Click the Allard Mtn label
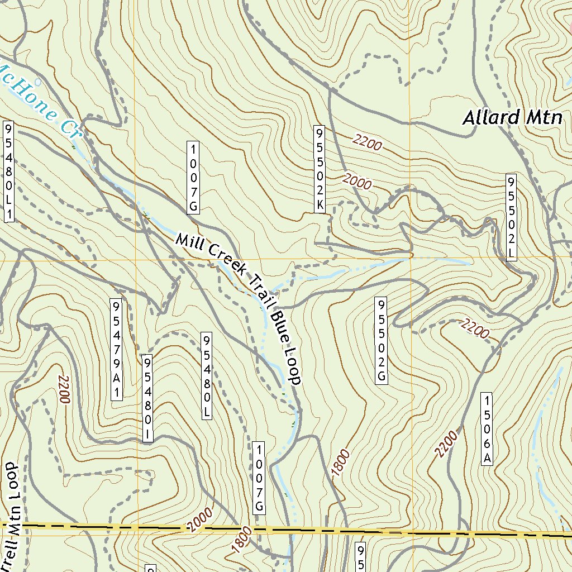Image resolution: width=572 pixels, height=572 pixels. click(x=513, y=118)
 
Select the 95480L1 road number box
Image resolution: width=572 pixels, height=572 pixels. click(x=8, y=170)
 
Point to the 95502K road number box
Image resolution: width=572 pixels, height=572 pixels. click(x=320, y=169)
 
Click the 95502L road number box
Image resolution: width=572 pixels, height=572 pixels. click(x=511, y=217)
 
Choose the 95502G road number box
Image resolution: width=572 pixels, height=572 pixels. click(x=382, y=340)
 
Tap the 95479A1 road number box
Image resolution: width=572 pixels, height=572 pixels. click(x=116, y=349)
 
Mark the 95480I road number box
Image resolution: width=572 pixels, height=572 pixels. click(x=147, y=398)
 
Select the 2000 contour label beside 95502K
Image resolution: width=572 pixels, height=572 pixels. click(x=357, y=182)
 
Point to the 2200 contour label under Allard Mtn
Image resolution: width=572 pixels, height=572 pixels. click(x=368, y=144)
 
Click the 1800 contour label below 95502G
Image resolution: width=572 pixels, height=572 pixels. click(x=340, y=463)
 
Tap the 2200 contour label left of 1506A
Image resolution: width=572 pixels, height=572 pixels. click(x=447, y=444)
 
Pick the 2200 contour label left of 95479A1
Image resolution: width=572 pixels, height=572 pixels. click(x=63, y=389)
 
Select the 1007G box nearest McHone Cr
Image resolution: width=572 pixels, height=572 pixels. click(x=193, y=177)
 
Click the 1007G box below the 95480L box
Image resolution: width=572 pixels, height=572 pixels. click(x=259, y=478)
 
